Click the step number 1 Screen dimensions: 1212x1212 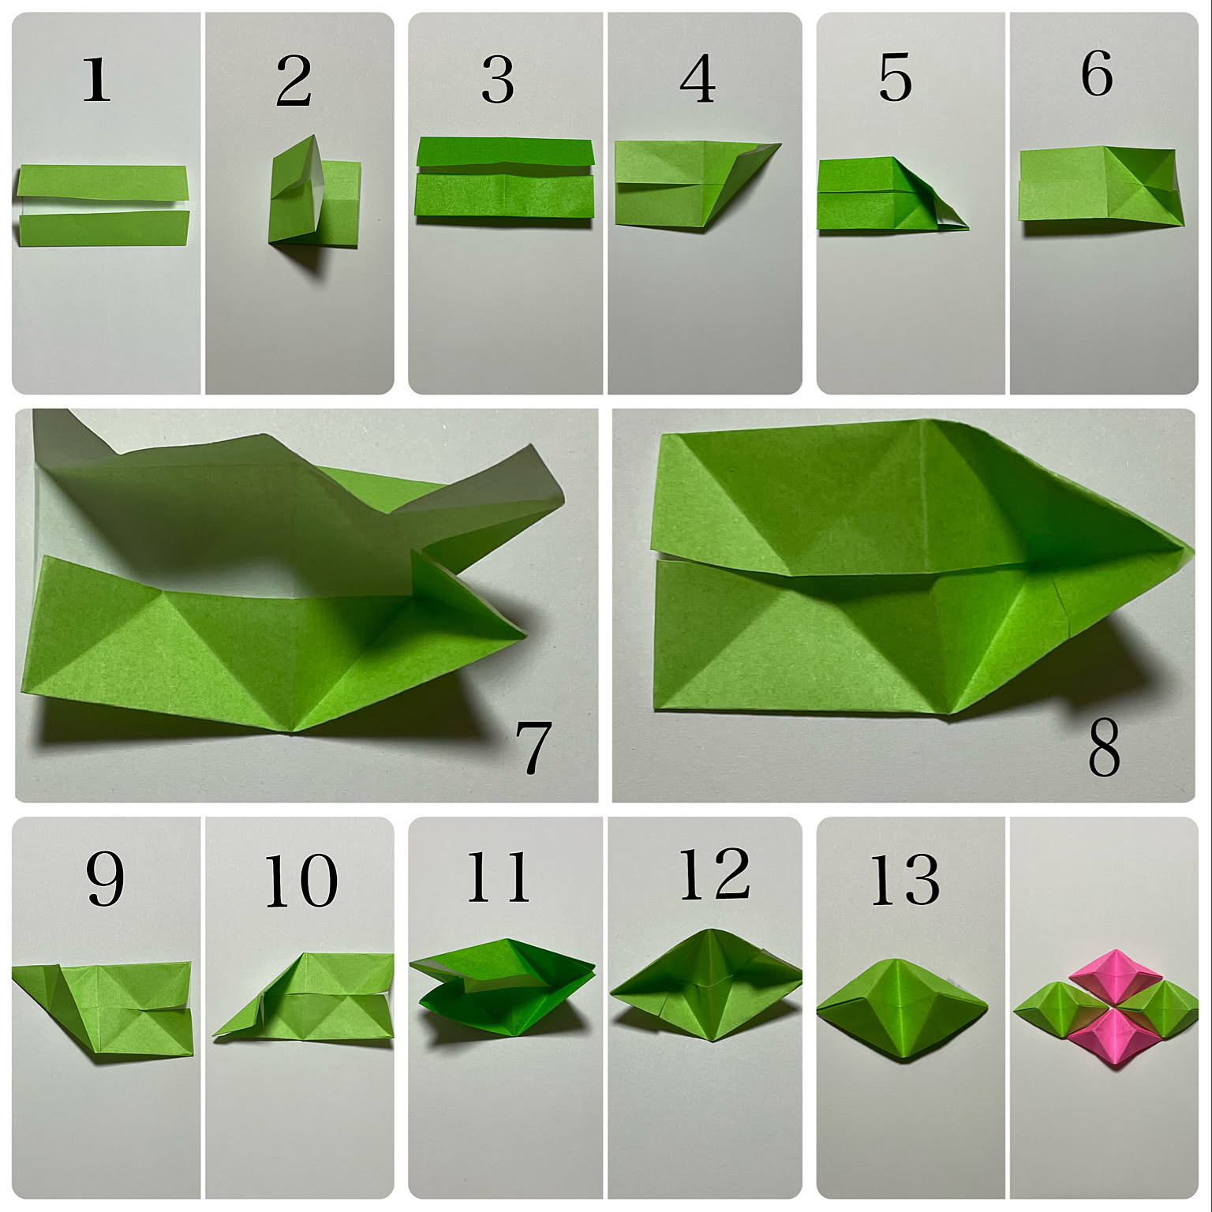click(96, 80)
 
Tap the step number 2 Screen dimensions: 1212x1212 click(294, 81)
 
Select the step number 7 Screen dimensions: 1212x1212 click(533, 746)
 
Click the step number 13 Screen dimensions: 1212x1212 click(904, 879)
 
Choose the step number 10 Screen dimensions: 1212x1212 click(301, 881)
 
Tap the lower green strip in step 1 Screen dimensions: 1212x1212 click(103, 228)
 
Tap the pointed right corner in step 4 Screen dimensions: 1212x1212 click(780, 144)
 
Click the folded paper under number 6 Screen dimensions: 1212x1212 click(1102, 186)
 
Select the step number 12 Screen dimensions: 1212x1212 click(714, 875)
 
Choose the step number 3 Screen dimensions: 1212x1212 click(498, 80)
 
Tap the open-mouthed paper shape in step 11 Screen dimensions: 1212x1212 click(503, 988)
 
